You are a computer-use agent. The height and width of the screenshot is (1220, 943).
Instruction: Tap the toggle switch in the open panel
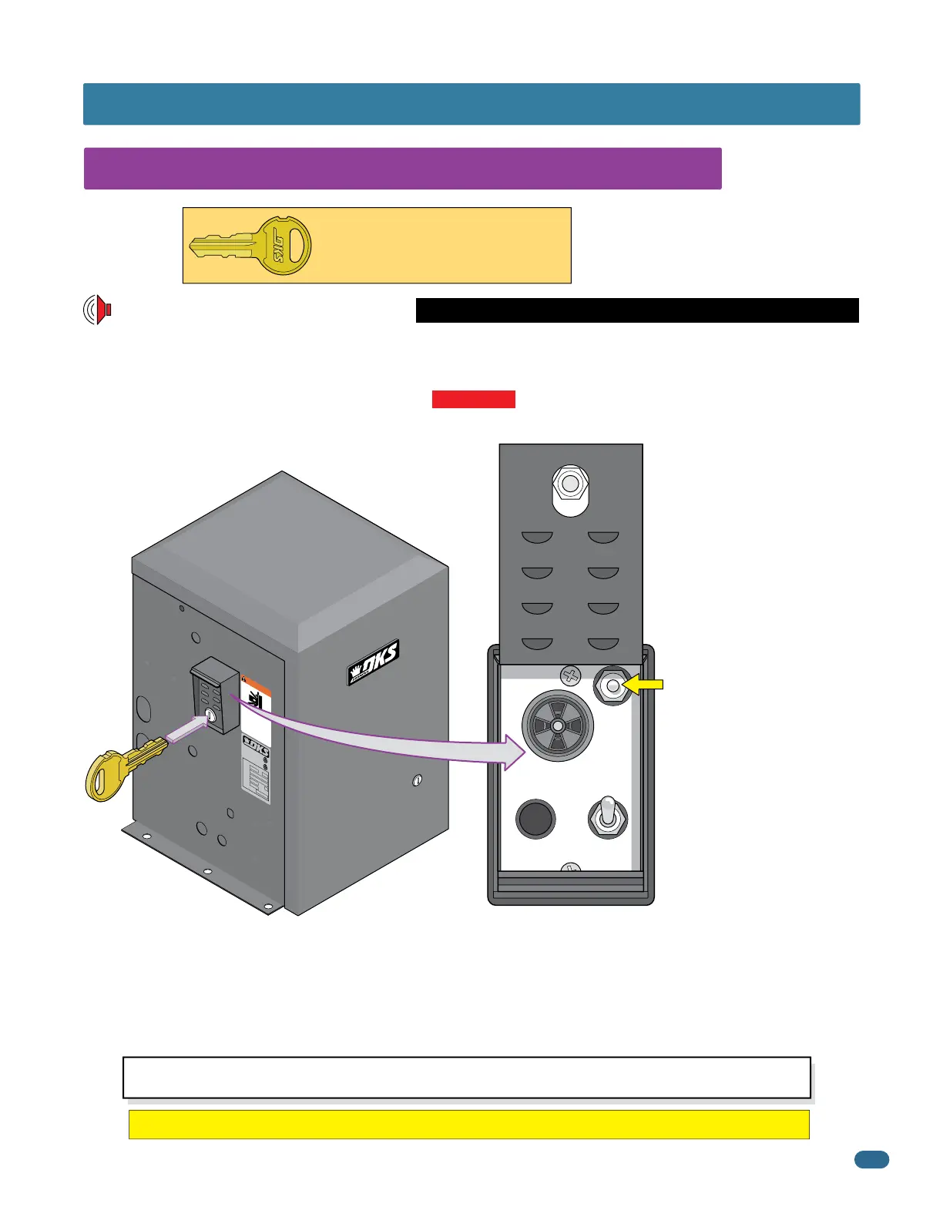coord(608,817)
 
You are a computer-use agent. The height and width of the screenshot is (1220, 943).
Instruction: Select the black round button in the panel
coord(535,818)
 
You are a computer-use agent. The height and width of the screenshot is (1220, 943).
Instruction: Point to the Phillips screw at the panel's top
coord(571,676)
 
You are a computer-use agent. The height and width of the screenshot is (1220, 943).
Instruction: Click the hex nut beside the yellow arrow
coord(612,685)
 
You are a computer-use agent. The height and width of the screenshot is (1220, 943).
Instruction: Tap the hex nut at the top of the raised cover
coord(571,484)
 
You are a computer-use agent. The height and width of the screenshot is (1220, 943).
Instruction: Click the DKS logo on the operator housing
coord(373,662)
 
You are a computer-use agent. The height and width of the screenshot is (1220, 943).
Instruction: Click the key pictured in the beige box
coord(251,246)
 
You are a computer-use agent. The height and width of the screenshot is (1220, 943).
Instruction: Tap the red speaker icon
coord(98,310)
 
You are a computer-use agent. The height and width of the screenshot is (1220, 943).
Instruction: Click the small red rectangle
coord(473,399)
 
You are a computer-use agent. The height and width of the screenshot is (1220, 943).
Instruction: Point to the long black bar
coord(637,310)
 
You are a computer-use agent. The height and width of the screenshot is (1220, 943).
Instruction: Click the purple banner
coord(402,169)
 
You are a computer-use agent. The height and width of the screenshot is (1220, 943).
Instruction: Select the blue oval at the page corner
coord(871,1159)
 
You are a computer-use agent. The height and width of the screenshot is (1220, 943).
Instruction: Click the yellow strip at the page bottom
coord(468,1124)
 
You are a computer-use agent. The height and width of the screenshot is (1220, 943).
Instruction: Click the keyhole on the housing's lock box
coord(211,717)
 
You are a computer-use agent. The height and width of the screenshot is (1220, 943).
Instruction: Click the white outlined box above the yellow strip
coord(467,1077)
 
